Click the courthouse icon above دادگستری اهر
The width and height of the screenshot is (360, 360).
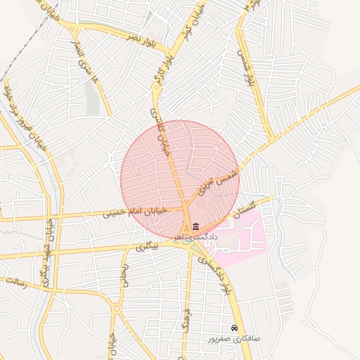pos(195,226)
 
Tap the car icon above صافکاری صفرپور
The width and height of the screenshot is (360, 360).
pos(234,328)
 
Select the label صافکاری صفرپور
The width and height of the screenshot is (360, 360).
pos(234,338)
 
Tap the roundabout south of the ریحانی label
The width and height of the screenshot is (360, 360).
pos(115,308)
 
